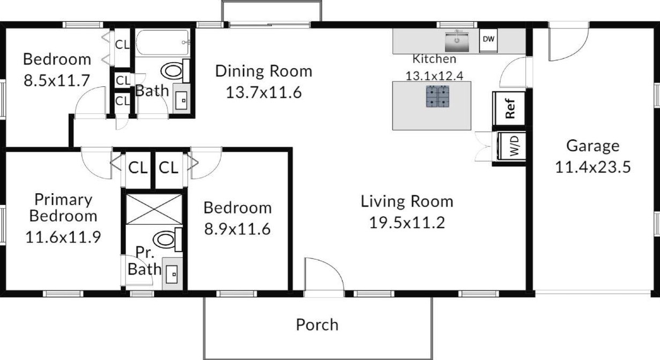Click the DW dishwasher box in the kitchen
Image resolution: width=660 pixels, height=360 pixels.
pos(488,40)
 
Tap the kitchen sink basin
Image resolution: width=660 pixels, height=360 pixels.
pos(457,42)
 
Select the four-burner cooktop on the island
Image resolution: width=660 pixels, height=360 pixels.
pos(438,96)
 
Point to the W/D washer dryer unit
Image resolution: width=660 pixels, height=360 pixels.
pos(512,146)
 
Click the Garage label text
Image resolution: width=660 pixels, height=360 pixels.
pos(593,146)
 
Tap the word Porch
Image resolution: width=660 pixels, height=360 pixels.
pos(317,325)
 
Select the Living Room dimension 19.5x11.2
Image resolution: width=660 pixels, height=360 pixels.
pos(407,223)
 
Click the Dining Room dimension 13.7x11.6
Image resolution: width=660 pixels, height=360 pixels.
pos(264,92)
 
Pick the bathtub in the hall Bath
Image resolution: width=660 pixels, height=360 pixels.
pos(162,42)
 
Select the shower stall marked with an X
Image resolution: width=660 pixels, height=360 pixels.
pos(154,209)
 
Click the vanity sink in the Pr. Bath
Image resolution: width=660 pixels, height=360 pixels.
pos(172,274)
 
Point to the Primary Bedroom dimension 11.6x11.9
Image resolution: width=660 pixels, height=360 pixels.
pos(63,237)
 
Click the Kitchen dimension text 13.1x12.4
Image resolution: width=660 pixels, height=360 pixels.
pos(434,76)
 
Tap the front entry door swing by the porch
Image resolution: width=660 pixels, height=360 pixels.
pos(324,274)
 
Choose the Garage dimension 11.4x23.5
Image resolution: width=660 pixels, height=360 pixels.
pos(593,167)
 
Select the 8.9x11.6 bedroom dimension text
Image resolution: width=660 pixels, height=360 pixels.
pos(238,229)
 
